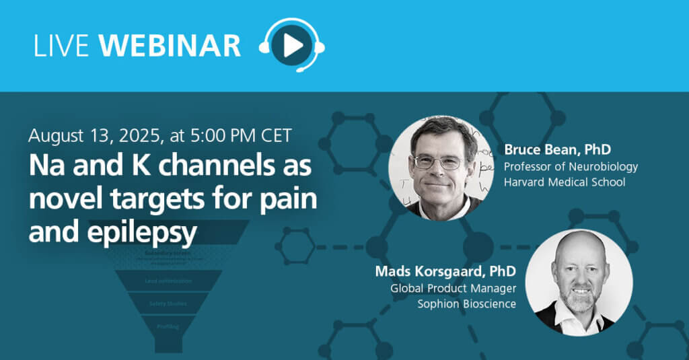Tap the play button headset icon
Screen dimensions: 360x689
tap(291, 45)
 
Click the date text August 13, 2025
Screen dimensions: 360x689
tap(91, 135)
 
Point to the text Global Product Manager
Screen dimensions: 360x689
tap(453, 289)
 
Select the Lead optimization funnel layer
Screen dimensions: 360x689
tap(168, 281)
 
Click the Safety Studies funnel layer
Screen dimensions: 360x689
tap(168, 303)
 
